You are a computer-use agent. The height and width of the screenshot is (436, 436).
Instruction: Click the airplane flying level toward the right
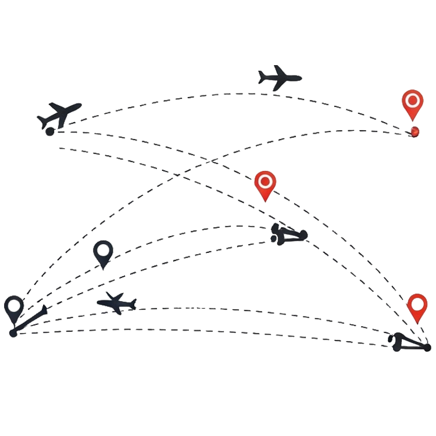[x=280, y=78]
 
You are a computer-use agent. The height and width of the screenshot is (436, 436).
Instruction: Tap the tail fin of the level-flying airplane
[x=263, y=74]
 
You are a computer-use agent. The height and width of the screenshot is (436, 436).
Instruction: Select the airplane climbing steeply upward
[x=60, y=114]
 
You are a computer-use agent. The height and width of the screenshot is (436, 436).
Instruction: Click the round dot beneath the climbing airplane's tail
[x=49, y=132]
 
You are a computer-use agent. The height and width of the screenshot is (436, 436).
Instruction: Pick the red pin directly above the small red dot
[x=413, y=103]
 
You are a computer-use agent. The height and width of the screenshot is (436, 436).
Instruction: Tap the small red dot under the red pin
[x=414, y=131]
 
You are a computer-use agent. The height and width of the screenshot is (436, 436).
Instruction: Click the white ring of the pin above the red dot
[x=413, y=100]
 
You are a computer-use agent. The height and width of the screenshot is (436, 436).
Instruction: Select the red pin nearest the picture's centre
[x=265, y=184]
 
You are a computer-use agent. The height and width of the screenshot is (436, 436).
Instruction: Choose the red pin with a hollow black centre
[x=417, y=307]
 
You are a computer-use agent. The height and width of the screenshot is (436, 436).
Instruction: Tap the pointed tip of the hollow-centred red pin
[x=418, y=324]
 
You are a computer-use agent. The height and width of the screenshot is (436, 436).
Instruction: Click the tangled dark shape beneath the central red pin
[x=288, y=234]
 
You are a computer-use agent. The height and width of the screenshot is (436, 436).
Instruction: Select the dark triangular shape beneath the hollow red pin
[x=410, y=343]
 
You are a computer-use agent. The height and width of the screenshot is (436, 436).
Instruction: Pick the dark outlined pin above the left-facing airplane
[x=103, y=253]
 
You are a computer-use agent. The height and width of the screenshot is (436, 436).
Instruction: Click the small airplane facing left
[x=117, y=303]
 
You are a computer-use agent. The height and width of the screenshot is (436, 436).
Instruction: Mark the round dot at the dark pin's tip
[x=13, y=333]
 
